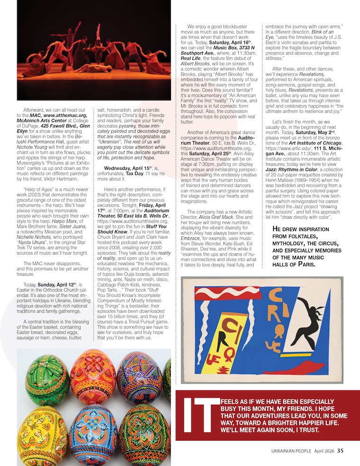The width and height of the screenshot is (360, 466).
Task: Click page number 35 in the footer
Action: tap(341, 451)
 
